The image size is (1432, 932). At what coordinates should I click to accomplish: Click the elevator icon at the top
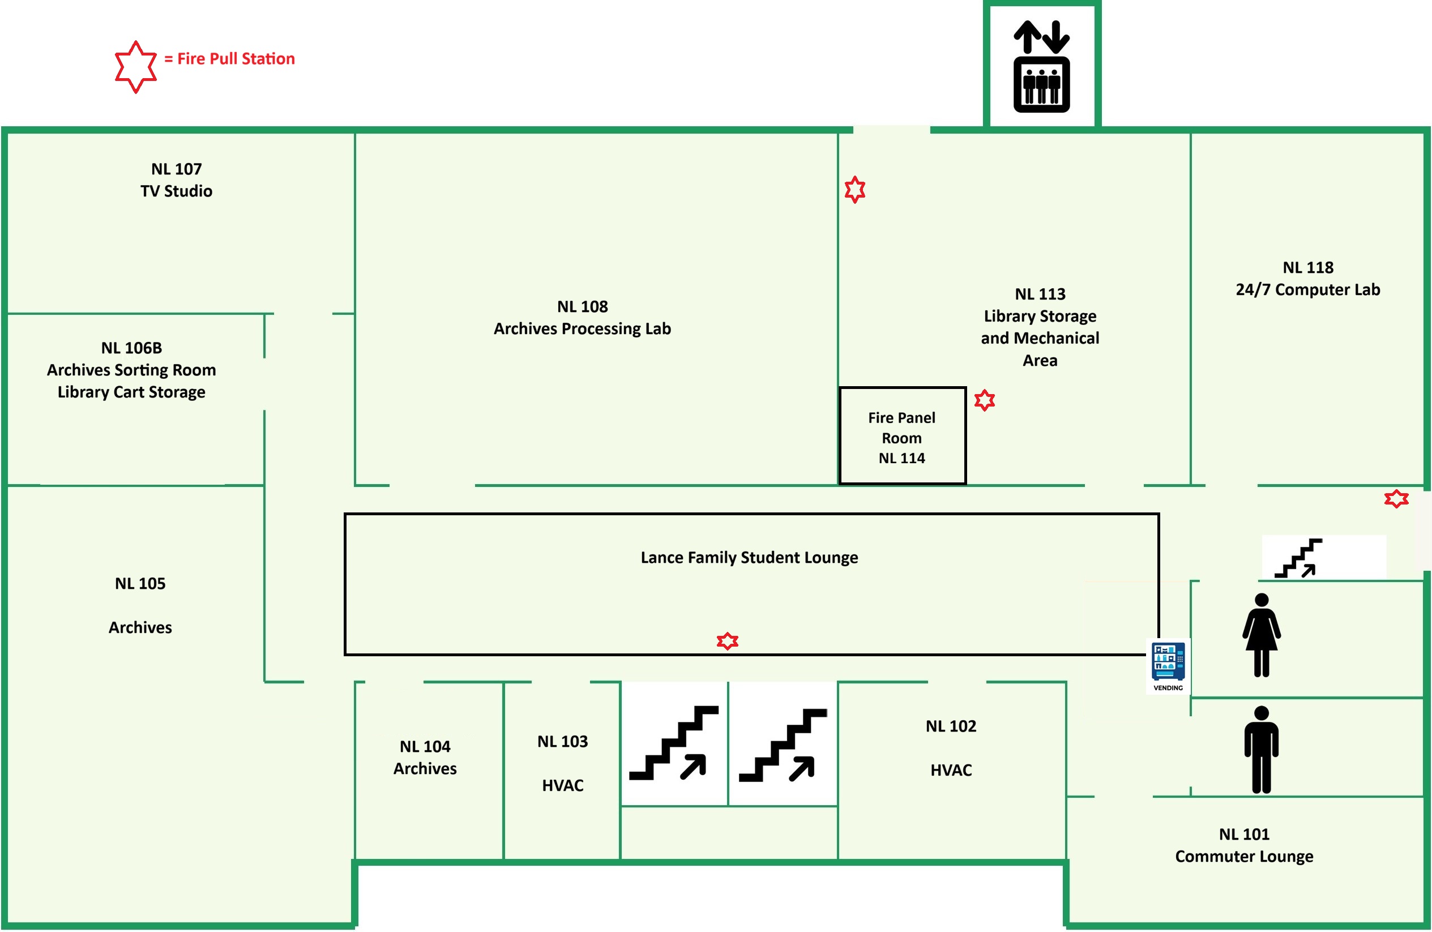[x=1041, y=66]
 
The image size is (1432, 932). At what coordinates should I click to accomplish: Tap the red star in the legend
[x=136, y=67]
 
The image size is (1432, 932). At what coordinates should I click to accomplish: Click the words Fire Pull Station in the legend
[x=236, y=58]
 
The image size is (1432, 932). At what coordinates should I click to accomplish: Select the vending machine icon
[x=1168, y=666]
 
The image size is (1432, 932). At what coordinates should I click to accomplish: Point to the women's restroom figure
[x=1261, y=635]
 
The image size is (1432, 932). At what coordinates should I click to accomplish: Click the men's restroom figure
[x=1261, y=750]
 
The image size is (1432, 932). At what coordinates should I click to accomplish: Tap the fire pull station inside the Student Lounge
[x=728, y=641]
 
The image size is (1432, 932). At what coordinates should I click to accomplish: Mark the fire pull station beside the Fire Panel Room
[x=984, y=400]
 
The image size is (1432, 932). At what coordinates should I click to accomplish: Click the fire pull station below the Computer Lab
[x=1396, y=498]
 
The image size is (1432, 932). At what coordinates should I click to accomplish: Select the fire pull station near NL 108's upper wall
[x=854, y=190]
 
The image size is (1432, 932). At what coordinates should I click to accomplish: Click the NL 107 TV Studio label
[x=176, y=180]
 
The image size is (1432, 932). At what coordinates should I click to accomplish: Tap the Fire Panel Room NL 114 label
[x=901, y=438]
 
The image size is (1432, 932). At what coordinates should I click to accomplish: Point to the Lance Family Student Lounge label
[x=749, y=557]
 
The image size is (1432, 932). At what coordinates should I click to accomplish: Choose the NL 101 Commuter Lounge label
[x=1244, y=845]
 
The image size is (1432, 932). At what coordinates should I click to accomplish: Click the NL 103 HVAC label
[x=563, y=763]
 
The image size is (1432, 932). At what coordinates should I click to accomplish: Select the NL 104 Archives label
[x=425, y=757]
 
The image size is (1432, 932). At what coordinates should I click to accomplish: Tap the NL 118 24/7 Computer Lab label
[x=1308, y=278]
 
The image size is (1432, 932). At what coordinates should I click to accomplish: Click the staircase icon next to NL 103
[x=674, y=743]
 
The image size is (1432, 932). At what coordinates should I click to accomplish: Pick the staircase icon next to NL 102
[x=783, y=745]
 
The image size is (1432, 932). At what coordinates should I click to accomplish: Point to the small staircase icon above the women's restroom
[x=1298, y=558]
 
